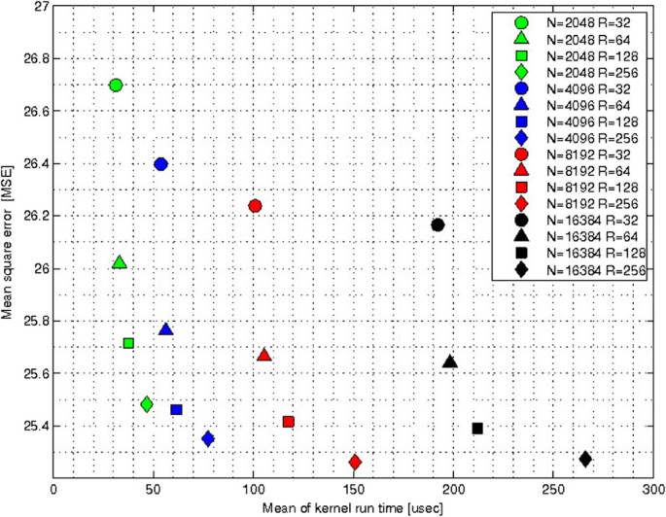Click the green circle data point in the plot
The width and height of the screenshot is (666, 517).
coord(117,85)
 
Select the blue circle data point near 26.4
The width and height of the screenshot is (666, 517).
coord(161,163)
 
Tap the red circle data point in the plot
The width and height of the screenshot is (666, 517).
coord(255,205)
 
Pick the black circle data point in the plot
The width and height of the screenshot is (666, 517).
coord(438,224)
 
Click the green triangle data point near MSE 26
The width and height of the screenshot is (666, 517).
coord(120,262)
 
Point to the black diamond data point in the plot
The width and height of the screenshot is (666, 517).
coord(585,459)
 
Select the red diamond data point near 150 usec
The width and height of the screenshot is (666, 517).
coord(355,462)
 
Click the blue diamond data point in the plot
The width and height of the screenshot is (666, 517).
coord(208,438)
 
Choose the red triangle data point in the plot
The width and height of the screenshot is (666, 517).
coord(264,356)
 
